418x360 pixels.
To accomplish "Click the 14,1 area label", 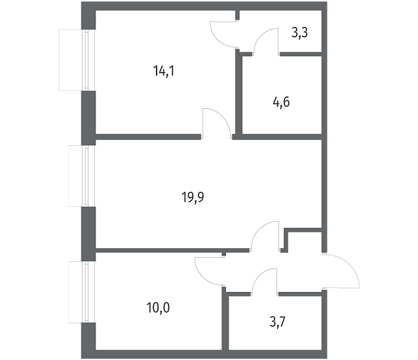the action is pos(164,71).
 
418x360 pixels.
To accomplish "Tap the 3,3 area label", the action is pos(300,33).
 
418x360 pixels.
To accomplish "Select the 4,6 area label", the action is pos(281,102).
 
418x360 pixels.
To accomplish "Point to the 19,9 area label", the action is pos(193,198).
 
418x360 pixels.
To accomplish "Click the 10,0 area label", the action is pos(158,308).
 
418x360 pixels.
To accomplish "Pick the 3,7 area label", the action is pos(278,322).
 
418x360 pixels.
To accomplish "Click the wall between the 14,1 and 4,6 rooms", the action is pos(238,94).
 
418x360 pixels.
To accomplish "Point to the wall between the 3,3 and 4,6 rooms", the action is pos(301,54).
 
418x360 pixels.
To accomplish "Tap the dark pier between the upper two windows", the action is pos(88,118).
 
